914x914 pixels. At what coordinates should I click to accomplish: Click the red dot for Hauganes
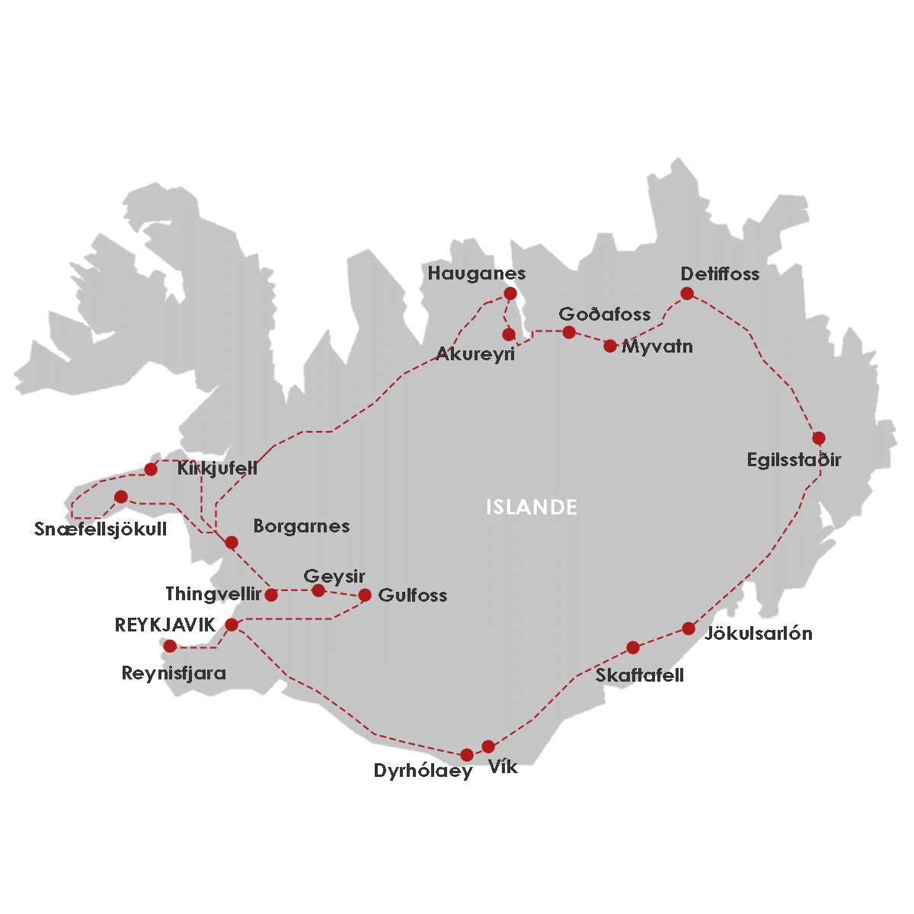tap(510, 293)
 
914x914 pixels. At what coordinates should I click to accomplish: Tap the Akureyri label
tap(475, 354)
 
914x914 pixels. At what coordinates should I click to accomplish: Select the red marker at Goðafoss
tap(568, 331)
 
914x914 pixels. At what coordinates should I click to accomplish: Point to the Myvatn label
tap(657, 347)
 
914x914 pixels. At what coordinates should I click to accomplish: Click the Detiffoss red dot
tap(687, 293)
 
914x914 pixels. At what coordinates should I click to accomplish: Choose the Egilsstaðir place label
tap(794, 459)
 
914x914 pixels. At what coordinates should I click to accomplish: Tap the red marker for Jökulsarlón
tap(689, 628)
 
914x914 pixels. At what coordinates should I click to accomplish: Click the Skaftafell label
tap(640, 675)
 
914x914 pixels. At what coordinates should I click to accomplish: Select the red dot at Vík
tap(488, 746)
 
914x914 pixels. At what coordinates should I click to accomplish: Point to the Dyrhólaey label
tap(423, 771)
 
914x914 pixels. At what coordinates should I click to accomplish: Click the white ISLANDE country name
tap(532, 507)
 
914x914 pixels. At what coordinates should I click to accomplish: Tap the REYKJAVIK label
tap(165, 625)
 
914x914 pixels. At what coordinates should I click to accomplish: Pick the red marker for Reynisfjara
tap(170, 646)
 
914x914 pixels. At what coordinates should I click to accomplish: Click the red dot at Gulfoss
tap(365, 595)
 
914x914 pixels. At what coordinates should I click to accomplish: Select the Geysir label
tap(334, 576)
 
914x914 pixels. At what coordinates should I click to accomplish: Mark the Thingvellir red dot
tap(271, 595)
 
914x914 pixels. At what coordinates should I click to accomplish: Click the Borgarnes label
tap(301, 526)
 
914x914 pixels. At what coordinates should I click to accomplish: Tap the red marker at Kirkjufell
tap(151, 469)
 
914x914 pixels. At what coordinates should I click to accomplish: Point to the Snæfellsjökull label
tap(101, 529)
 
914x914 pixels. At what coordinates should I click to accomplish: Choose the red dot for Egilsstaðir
tap(819, 438)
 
